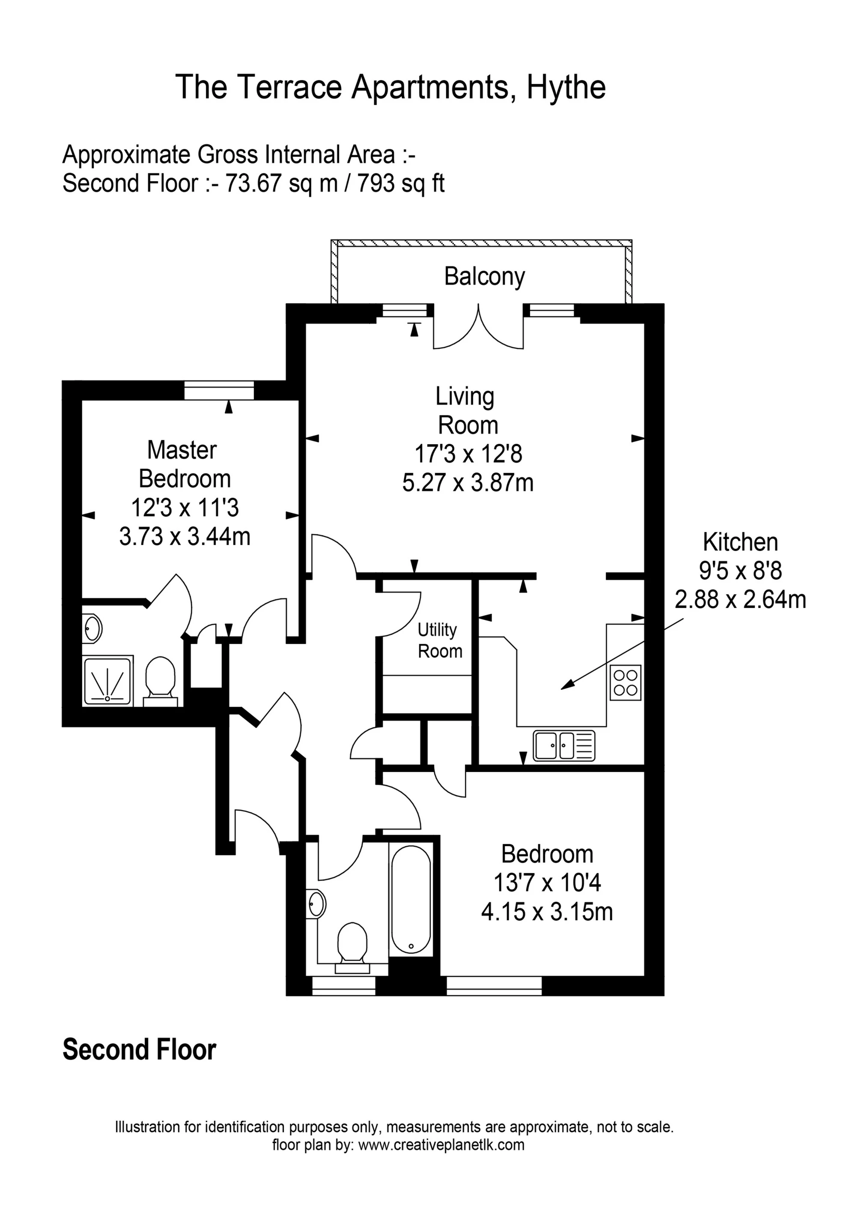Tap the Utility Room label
tap(440, 641)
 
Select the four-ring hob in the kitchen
tap(626, 683)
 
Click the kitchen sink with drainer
tap(563, 745)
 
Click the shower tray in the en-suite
tap(107, 681)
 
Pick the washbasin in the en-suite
tap(92, 629)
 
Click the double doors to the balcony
tap(478, 327)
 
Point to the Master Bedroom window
tap(219, 390)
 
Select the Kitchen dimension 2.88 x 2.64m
tap(740, 600)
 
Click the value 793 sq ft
tap(401, 183)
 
